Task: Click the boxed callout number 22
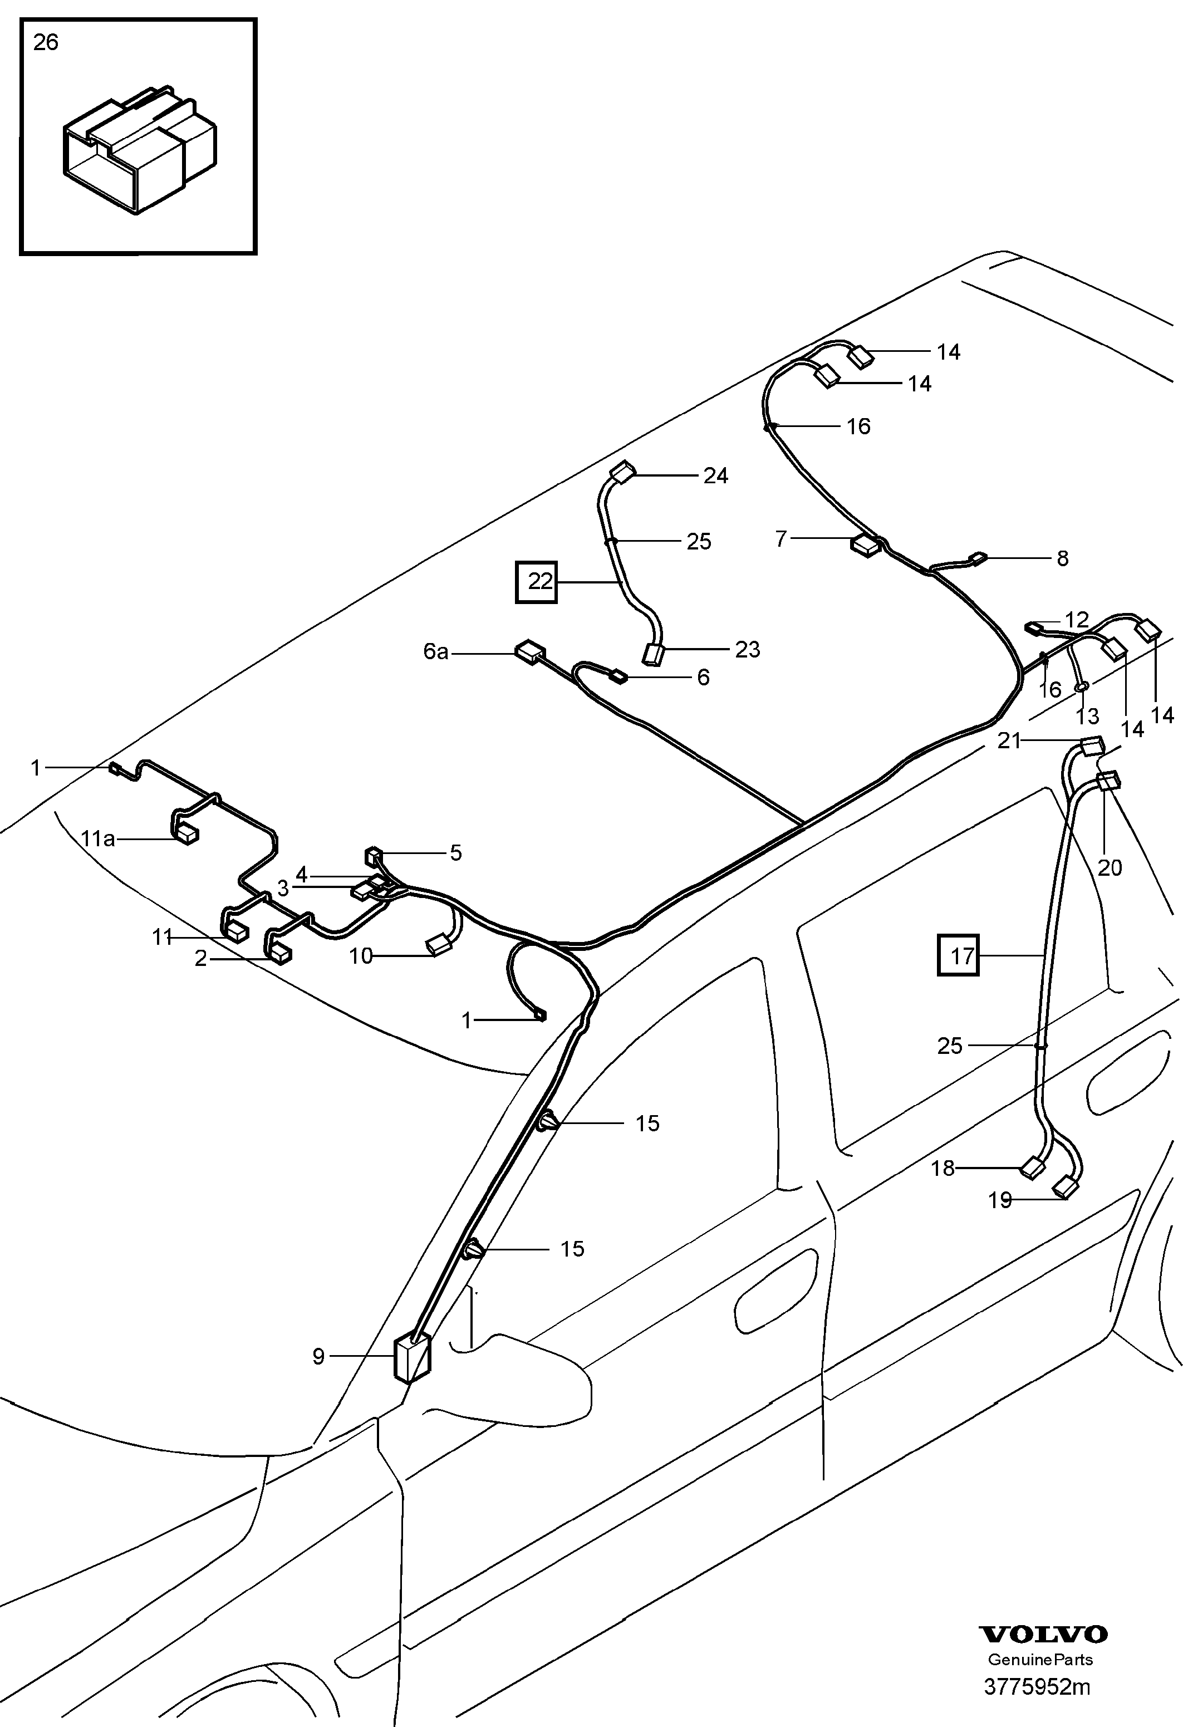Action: point(537,581)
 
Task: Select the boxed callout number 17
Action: point(959,955)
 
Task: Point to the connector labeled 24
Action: point(623,472)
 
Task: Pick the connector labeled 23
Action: point(653,655)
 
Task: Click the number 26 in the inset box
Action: point(45,43)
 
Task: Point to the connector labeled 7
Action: point(865,546)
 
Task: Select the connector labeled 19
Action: point(1066,1188)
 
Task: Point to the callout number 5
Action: point(455,853)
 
